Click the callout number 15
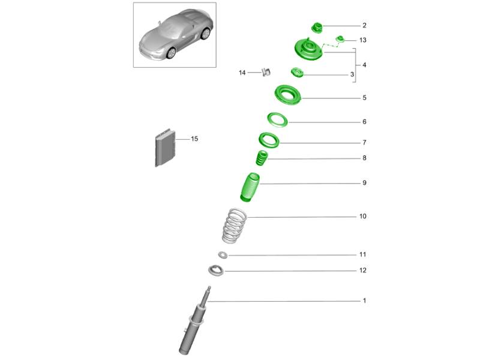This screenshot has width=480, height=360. click(194, 139)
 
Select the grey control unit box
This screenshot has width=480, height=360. click(165, 148)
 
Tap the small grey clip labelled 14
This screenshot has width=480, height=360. click(266, 72)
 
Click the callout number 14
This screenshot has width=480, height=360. click(242, 73)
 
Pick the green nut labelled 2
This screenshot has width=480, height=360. click(317, 28)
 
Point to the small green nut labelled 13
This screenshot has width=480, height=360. click(340, 39)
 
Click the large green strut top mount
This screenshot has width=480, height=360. click(308, 50)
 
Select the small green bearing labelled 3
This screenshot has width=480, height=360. click(296, 73)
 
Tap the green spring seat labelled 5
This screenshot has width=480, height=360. click(288, 95)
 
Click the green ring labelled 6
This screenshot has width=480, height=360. click(277, 120)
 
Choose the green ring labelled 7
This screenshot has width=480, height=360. click(269, 140)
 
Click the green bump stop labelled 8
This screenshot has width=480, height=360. click(262, 158)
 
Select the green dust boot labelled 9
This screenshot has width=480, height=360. click(250, 187)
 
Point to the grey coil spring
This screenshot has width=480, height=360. click(234, 226)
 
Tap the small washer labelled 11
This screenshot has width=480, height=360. click(223, 254)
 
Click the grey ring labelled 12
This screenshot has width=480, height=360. click(216, 271)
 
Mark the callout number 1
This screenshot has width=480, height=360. click(364, 301)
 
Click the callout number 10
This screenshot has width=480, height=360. click(363, 217)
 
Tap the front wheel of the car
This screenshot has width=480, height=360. click(171, 53)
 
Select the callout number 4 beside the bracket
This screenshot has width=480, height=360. click(364, 65)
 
